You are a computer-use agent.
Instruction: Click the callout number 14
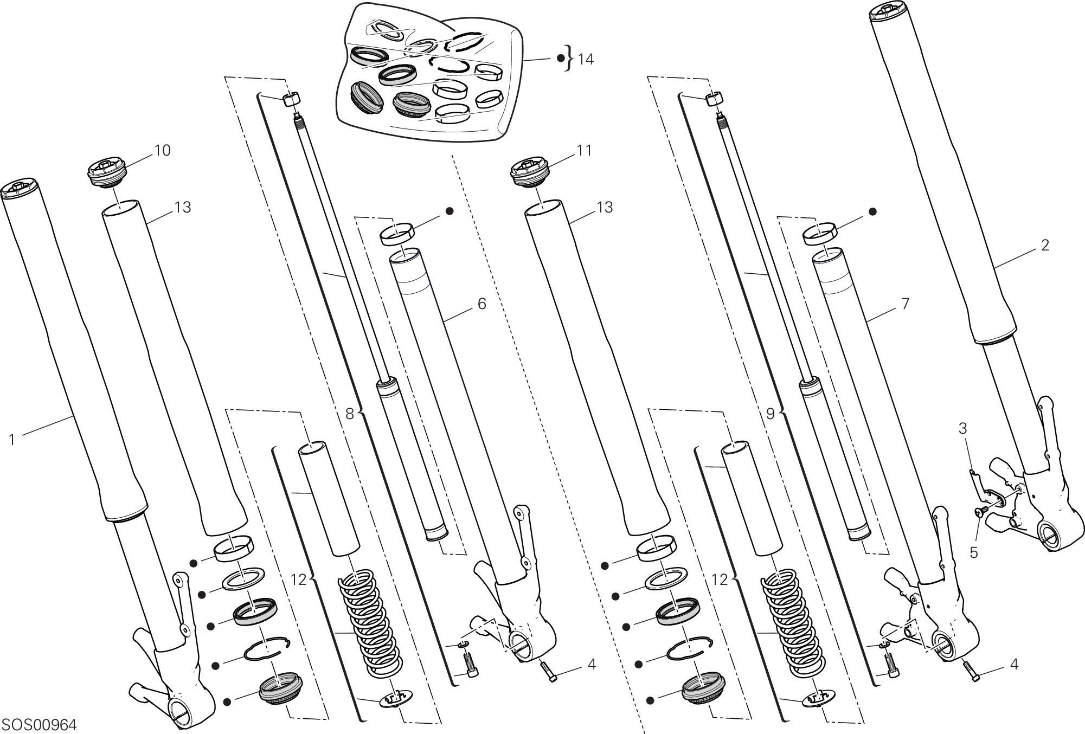[585, 60]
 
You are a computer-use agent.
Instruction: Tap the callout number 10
[162, 150]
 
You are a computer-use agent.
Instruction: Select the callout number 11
[584, 150]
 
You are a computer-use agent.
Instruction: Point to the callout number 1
[12, 440]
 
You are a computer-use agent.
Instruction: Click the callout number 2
[1045, 245]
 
